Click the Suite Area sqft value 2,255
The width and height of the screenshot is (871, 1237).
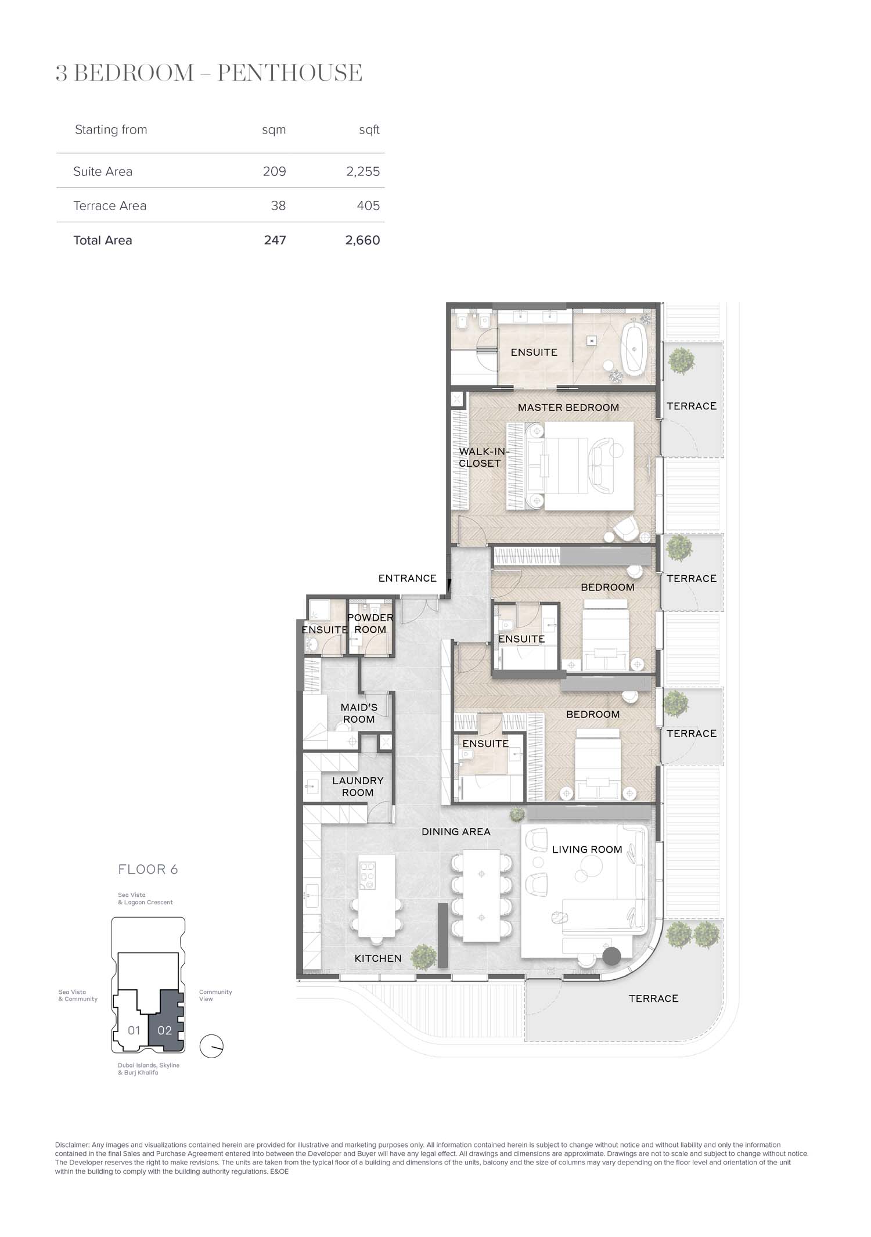tap(363, 172)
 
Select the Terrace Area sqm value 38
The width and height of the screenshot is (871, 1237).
tap(278, 206)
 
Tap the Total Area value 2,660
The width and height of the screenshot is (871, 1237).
tap(362, 240)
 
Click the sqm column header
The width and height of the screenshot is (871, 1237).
tap(274, 130)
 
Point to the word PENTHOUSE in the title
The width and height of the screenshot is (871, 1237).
tap(290, 73)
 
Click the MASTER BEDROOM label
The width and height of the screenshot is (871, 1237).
tap(568, 407)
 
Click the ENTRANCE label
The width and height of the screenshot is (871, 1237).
tap(407, 578)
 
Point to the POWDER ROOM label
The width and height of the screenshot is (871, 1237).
tap(370, 623)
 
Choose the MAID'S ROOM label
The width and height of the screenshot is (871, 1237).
tap(359, 713)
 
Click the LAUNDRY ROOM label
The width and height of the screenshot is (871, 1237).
tap(358, 787)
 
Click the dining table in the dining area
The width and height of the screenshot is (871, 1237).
tap(481, 896)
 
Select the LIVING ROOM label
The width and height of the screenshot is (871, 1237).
tap(587, 850)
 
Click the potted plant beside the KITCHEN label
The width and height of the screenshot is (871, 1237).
tap(423, 956)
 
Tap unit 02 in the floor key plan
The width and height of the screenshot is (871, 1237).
tap(165, 1030)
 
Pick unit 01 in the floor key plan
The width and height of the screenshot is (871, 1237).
tap(134, 1030)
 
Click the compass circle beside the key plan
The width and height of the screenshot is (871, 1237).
tap(211, 1047)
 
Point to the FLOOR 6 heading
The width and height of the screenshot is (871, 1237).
tap(148, 870)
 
